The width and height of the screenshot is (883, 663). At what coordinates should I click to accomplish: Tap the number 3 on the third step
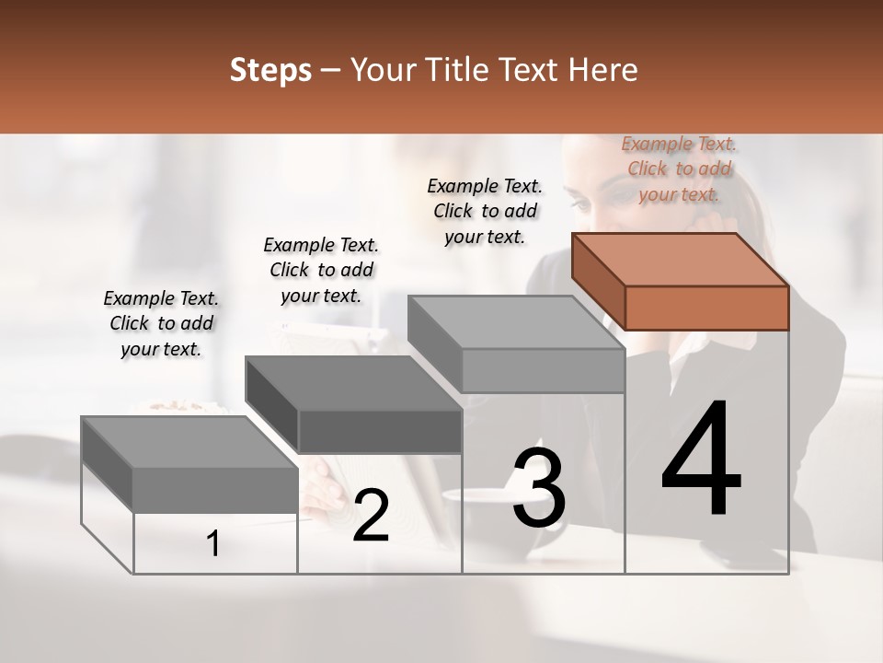click(x=538, y=488)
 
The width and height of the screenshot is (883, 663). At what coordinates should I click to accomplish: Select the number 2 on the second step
click(x=371, y=516)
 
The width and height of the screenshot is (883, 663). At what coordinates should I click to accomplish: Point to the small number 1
click(x=212, y=544)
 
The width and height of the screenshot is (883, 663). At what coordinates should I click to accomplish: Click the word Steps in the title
click(x=270, y=70)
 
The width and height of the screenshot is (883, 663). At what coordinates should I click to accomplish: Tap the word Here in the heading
click(x=603, y=70)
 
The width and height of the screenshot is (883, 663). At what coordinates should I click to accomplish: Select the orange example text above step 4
click(x=679, y=169)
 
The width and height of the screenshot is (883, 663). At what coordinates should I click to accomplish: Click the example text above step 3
click(x=485, y=211)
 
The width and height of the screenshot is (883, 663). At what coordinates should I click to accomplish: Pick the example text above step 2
click(x=320, y=270)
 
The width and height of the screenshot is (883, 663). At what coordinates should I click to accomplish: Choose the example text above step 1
click(x=161, y=323)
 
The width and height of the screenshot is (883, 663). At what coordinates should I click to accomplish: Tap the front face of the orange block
click(x=706, y=308)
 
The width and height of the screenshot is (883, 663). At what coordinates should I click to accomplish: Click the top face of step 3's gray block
click(x=516, y=322)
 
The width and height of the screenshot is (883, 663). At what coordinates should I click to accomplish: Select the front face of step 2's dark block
click(x=380, y=431)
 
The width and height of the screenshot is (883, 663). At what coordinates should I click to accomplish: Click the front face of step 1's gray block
click(x=215, y=490)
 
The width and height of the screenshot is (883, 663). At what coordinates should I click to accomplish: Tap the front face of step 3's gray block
click(x=543, y=371)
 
